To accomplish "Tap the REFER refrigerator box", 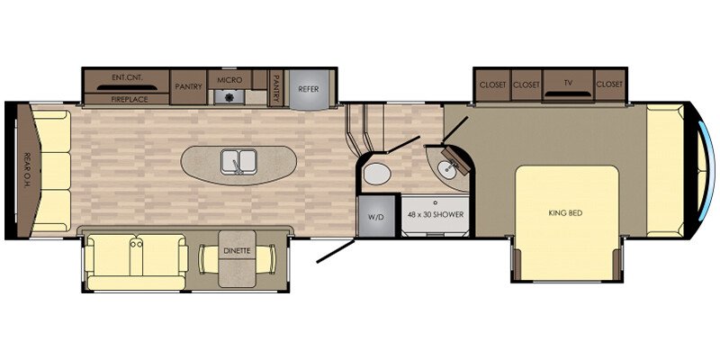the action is click(309, 89).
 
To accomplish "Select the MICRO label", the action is click(229, 80).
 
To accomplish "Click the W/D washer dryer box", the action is click(376, 216).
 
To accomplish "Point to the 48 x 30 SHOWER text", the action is click(436, 214).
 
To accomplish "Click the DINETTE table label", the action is click(237, 251).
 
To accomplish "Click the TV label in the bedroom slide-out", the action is click(569, 83).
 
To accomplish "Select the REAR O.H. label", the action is click(27, 170).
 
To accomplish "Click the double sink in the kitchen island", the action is click(238, 162).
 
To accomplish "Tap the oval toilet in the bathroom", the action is click(377, 175).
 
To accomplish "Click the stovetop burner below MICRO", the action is click(228, 96).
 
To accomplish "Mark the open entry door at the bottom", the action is click(336, 251).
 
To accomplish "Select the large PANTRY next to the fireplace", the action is click(188, 86).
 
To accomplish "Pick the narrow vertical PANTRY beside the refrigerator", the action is click(276, 88).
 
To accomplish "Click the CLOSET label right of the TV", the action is click(610, 85).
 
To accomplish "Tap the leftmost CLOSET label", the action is click(492, 85).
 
